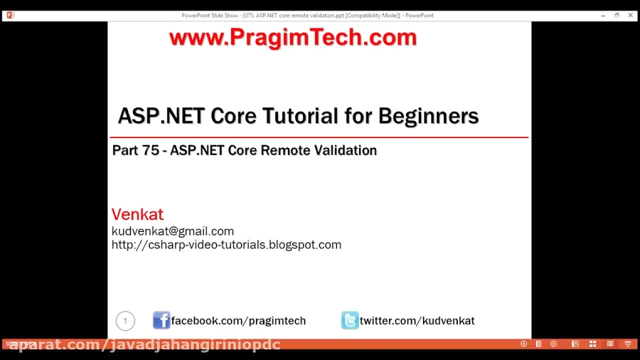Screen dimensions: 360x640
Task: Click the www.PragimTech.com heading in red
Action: click(292, 38)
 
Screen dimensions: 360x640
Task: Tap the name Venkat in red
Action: click(137, 214)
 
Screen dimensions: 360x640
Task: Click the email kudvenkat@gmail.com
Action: click(173, 231)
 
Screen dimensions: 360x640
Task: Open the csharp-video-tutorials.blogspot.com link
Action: click(226, 245)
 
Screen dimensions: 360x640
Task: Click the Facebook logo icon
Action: click(161, 320)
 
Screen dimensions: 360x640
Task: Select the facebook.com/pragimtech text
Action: click(238, 321)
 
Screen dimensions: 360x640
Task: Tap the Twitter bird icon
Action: click(350, 320)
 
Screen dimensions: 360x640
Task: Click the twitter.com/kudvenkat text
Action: click(417, 321)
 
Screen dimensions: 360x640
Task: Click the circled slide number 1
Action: click(125, 321)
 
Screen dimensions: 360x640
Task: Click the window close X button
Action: click(630, 15)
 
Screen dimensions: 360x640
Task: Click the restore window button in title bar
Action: click(617, 15)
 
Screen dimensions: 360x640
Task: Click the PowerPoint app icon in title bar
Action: click(10, 15)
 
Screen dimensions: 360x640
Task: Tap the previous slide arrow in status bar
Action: click(523, 344)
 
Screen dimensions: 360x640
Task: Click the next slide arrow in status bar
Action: click(553, 344)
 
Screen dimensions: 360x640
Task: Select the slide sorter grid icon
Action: click(592, 344)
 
